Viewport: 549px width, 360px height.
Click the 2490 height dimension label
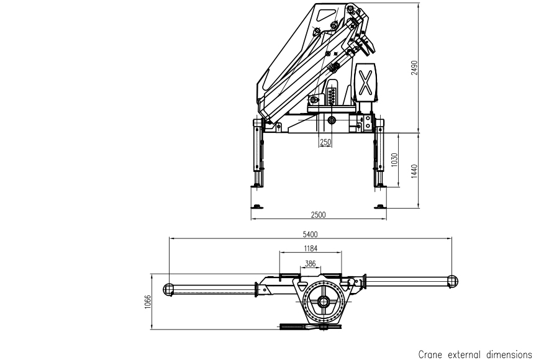(x=414, y=68)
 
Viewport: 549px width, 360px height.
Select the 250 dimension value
(x=325, y=142)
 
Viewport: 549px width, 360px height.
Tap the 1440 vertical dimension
(x=414, y=169)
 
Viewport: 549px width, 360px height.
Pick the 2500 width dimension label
(x=318, y=215)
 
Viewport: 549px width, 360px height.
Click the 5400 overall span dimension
(x=310, y=234)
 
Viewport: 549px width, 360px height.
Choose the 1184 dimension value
(x=311, y=248)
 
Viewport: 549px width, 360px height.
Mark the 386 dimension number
(x=310, y=264)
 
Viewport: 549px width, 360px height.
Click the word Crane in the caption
(x=432, y=354)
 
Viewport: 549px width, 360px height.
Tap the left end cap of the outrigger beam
(x=168, y=288)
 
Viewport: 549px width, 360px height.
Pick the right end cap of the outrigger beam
(x=451, y=281)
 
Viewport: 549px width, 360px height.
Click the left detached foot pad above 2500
(x=256, y=207)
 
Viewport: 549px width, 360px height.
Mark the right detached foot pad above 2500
(x=378, y=207)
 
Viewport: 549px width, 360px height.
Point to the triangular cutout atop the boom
(x=326, y=14)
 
